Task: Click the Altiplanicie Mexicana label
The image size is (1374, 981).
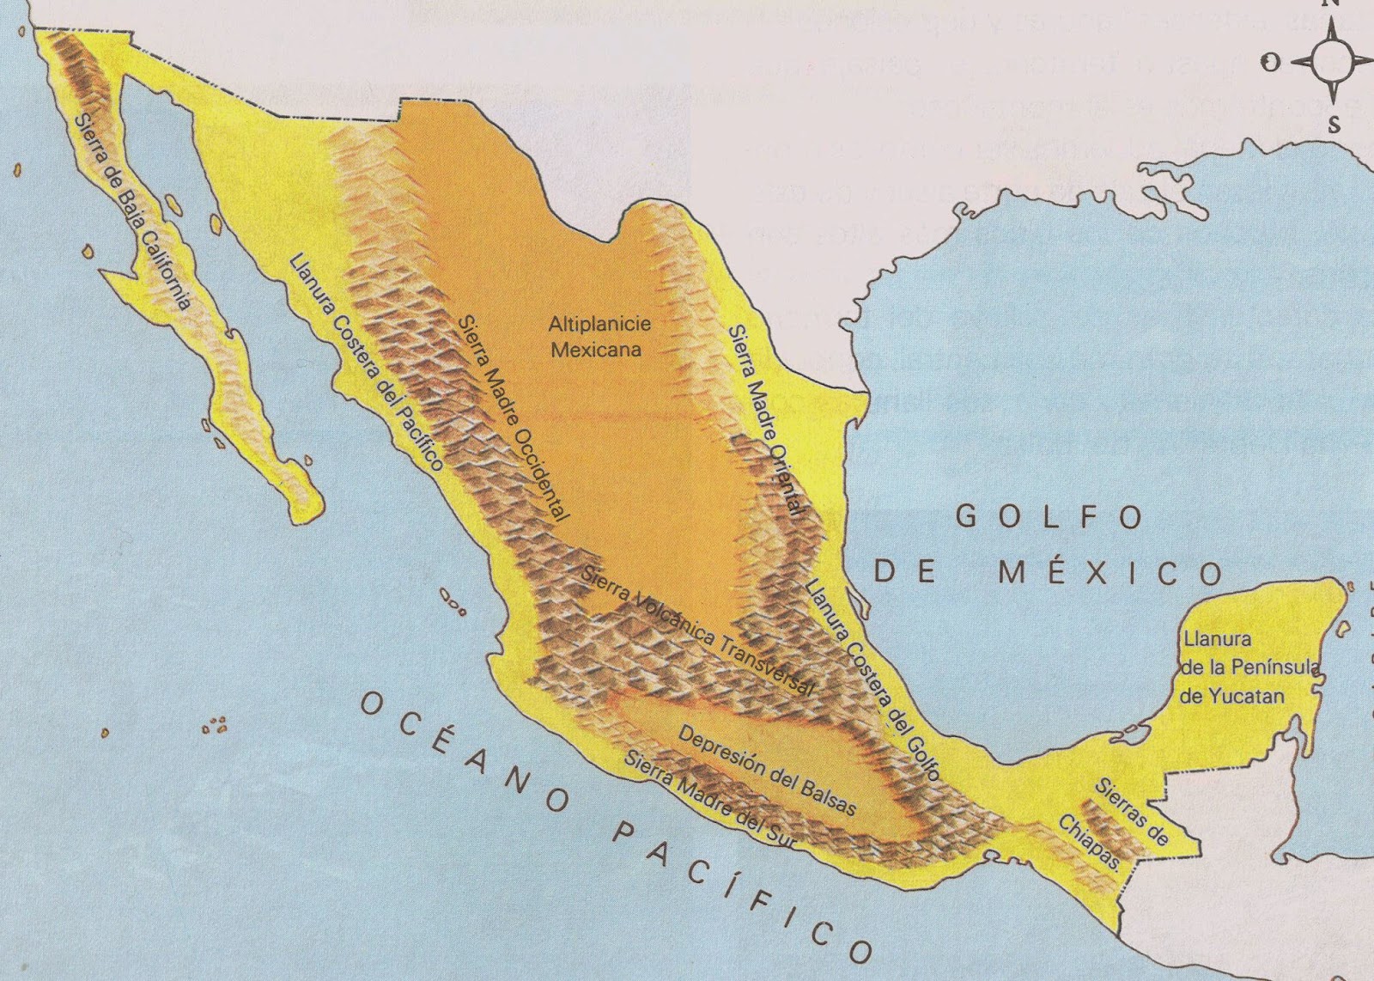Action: (x=600, y=337)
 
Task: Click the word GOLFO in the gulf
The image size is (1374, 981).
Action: (x=1049, y=517)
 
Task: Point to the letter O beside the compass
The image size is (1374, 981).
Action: (x=1271, y=62)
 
